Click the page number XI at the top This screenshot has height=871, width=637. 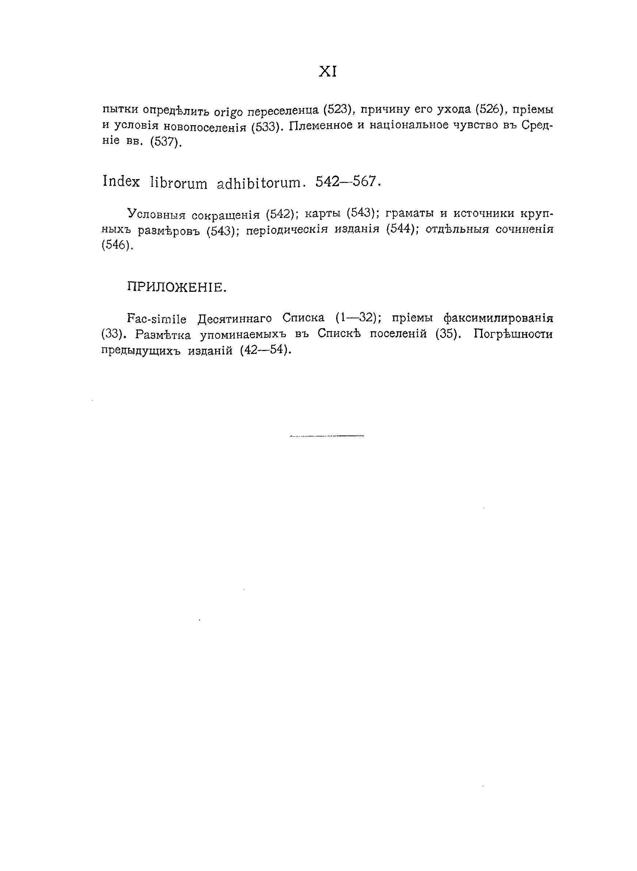[328, 72]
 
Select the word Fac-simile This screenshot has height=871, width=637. [157, 319]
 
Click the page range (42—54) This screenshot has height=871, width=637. [264, 350]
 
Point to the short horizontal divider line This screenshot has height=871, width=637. [327, 436]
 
